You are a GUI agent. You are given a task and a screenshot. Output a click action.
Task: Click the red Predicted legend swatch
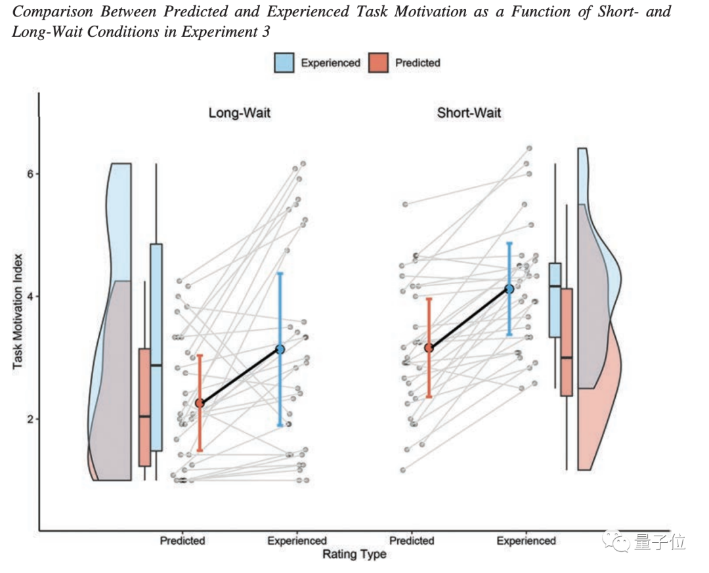pyautogui.click(x=379, y=62)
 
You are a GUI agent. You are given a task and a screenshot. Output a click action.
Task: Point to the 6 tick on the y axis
pyautogui.click(x=30, y=173)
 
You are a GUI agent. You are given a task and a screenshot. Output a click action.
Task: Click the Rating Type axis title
pyautogui.click(x=354, y=555)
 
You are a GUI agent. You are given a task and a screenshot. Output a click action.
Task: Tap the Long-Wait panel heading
pyautogui.click(x=239, y=113)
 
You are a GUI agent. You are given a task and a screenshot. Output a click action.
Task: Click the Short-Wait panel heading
pyautogui.click(x=469, y=113)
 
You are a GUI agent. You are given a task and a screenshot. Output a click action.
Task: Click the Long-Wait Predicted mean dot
pyautogui.click(x=200, y=404)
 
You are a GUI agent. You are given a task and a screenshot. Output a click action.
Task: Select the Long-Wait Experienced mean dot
pyautogui.click(x=280, y=349)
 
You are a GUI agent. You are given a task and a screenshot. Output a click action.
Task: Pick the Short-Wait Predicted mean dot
pyautogui.click(x=429, y=347)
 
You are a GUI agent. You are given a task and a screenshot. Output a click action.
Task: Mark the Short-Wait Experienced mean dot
pyautogui.click(x=509, y=289)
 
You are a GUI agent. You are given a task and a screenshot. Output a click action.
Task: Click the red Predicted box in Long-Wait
pyautogui.click(x=144, y=407)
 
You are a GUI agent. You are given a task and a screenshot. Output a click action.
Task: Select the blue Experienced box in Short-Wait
pyautogui.click(x=555, y=300)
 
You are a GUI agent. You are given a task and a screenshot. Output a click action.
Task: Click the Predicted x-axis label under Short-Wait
pyautogui.click(x=412, y=541)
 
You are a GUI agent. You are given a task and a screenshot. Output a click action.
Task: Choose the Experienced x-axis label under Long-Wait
pyautogui.click(x=297, y=541)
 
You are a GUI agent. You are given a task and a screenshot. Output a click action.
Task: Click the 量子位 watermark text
pyautogui.click(x=660, y=542)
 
